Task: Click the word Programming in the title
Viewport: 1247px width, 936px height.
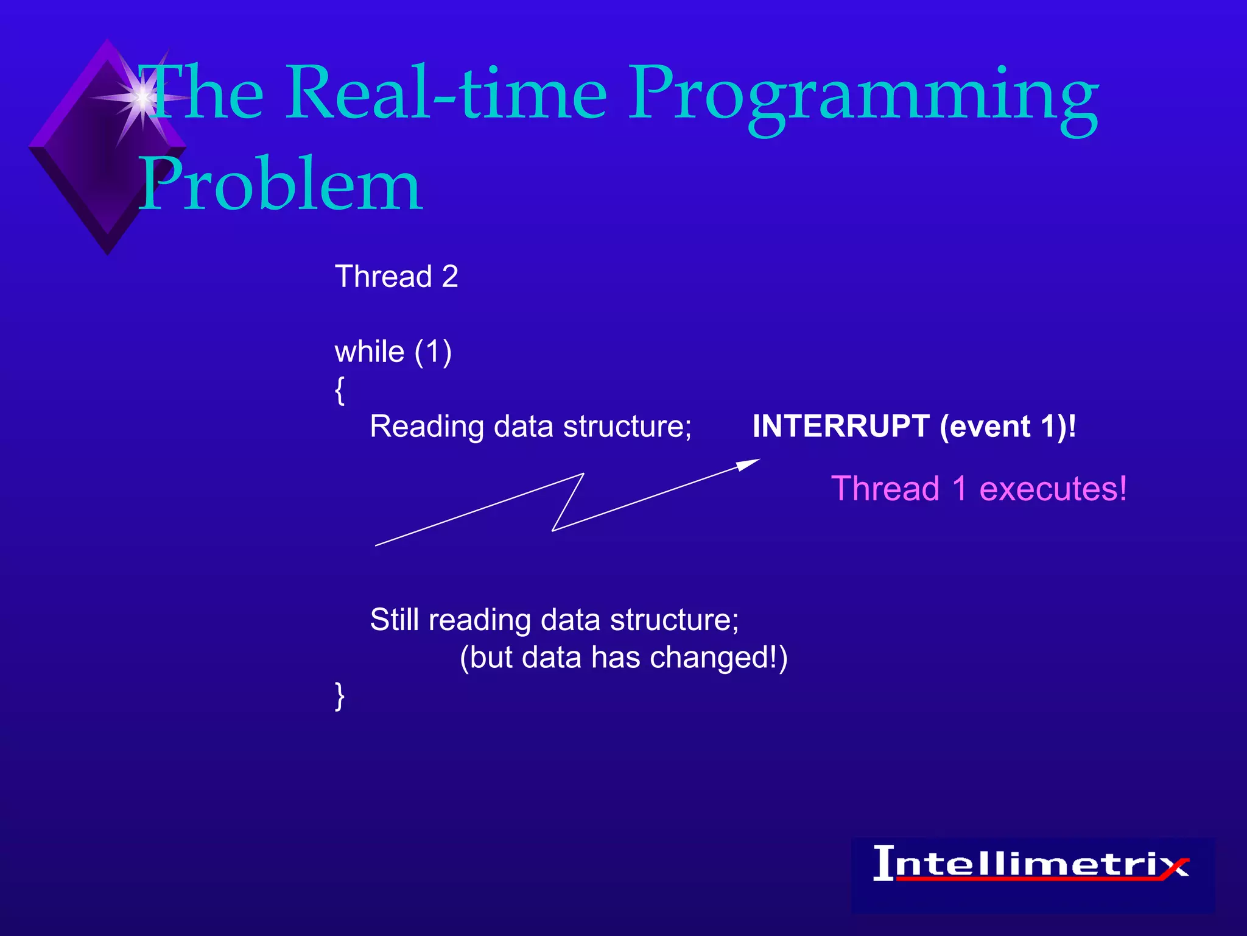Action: (863, 97)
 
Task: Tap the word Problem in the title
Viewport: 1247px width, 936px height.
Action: (280, 184)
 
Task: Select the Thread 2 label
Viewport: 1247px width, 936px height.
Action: (396, 277)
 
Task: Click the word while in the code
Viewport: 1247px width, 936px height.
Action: (370, 352)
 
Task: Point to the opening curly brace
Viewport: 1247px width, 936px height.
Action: (340, 390)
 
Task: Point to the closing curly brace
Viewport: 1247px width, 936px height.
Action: (340, 696)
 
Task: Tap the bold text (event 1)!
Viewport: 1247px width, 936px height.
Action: (1008, 426)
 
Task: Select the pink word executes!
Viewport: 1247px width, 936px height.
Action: (1053, 489)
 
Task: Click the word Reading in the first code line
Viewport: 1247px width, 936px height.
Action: (426, 426)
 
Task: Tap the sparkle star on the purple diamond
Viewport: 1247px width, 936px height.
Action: (142, 97)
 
